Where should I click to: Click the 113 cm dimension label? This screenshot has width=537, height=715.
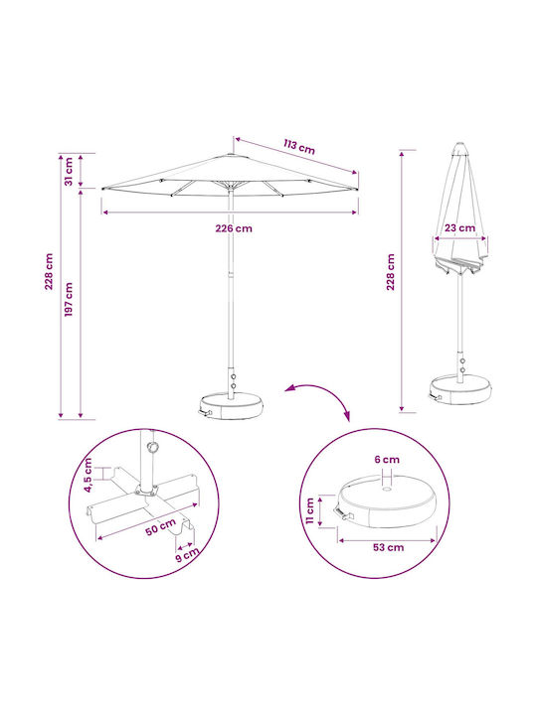pyautogui.click(x=299, y=147)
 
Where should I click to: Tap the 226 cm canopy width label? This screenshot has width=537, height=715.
pyautogui.click(x=234, y=228)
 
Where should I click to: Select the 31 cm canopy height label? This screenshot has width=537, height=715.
pyautogui.click(x=69, y=172)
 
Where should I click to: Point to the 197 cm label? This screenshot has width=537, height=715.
pyautogui.click(x=69, y=300)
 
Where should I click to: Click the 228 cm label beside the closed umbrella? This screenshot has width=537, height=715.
pyautogui.click(x=391, y=272)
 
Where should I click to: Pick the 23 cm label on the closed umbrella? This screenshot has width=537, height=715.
pyautogui.click(x=459, y=228)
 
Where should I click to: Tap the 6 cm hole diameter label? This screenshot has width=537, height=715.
pyautogui.click(x=387, y=460)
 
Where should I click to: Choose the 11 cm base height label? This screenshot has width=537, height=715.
pyautogui.click(x=309, y=510)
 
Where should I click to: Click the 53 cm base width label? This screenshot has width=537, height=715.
pyautogui.click(x=388, y=547)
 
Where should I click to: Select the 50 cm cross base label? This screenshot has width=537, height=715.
pyautogui.click(x=161, y=527)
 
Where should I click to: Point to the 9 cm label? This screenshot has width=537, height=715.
pyautogui.click(x=188, y=554)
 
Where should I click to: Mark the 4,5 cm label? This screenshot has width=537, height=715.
pyautogui.click(x=88, y=475)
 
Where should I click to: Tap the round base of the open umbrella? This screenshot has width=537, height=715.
pyautogui.click(x=231, y=406)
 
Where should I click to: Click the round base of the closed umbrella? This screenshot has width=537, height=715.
pyautogui.click(x=461, y=389)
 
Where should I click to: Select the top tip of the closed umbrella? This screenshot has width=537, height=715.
pyautogui.click(x=459, y=144)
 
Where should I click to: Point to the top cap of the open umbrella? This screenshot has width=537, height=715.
pyautogui.click(x=231, y=155)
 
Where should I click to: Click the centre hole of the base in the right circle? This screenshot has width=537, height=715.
pyautogui.click(x=387, y=490)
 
